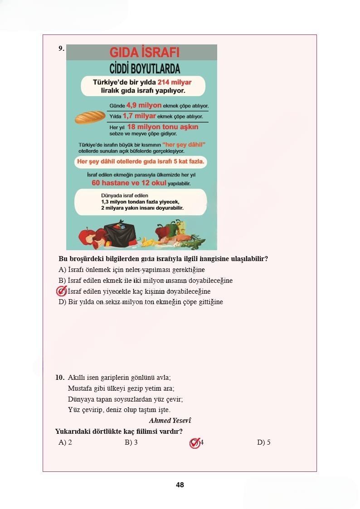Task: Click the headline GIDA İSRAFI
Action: click(145, 52)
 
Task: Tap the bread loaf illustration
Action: click(90, 117)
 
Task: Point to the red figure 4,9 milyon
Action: click(144, 106)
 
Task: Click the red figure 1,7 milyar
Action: click(139, 116)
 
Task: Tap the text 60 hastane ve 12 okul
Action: click(129, 183)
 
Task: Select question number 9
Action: click(61, 48)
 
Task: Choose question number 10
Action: click(60, 377)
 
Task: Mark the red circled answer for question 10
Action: click(195, 443)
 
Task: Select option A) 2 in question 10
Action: click(65, 442)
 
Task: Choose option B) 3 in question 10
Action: click(131, 442)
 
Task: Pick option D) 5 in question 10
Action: click(263, 442)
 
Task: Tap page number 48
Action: click(180, 485)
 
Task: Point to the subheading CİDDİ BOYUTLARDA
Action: click(145, 69)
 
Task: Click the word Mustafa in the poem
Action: click(79, 388)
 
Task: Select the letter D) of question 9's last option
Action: click(63, 302)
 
